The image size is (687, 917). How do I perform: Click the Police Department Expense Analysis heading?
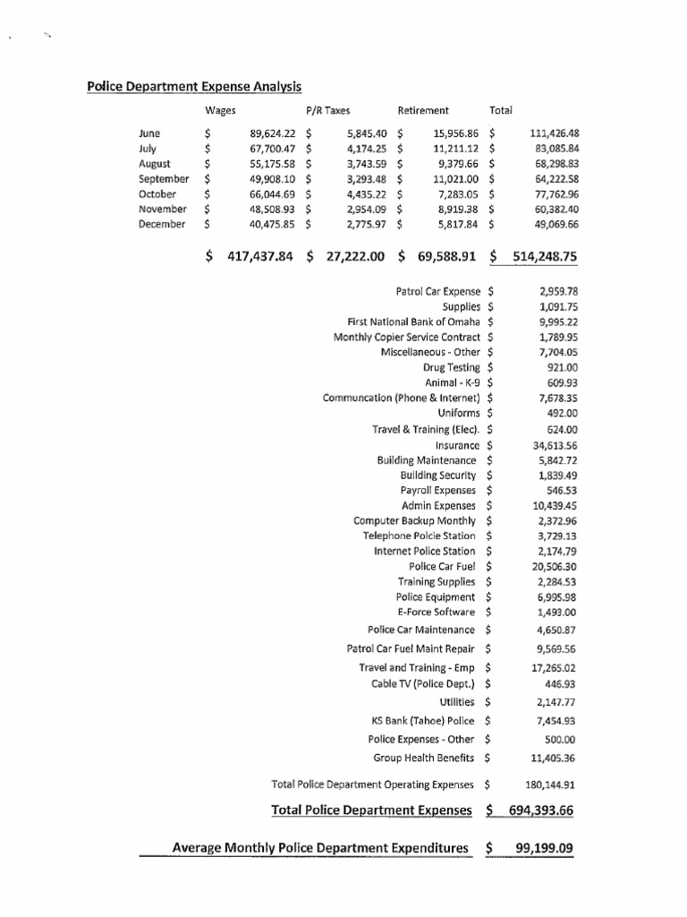pos(193,87)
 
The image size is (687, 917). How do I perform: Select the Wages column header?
pos(220,110)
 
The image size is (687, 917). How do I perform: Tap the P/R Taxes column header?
pos(327,110)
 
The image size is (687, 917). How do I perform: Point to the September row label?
pos(164,178)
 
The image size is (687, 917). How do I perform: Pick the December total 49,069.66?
pos(554,224)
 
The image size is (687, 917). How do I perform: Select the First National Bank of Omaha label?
pos(413,321)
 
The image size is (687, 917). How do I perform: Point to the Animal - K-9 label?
pos(453,382)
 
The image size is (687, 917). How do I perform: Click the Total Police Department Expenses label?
pos(370,810)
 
